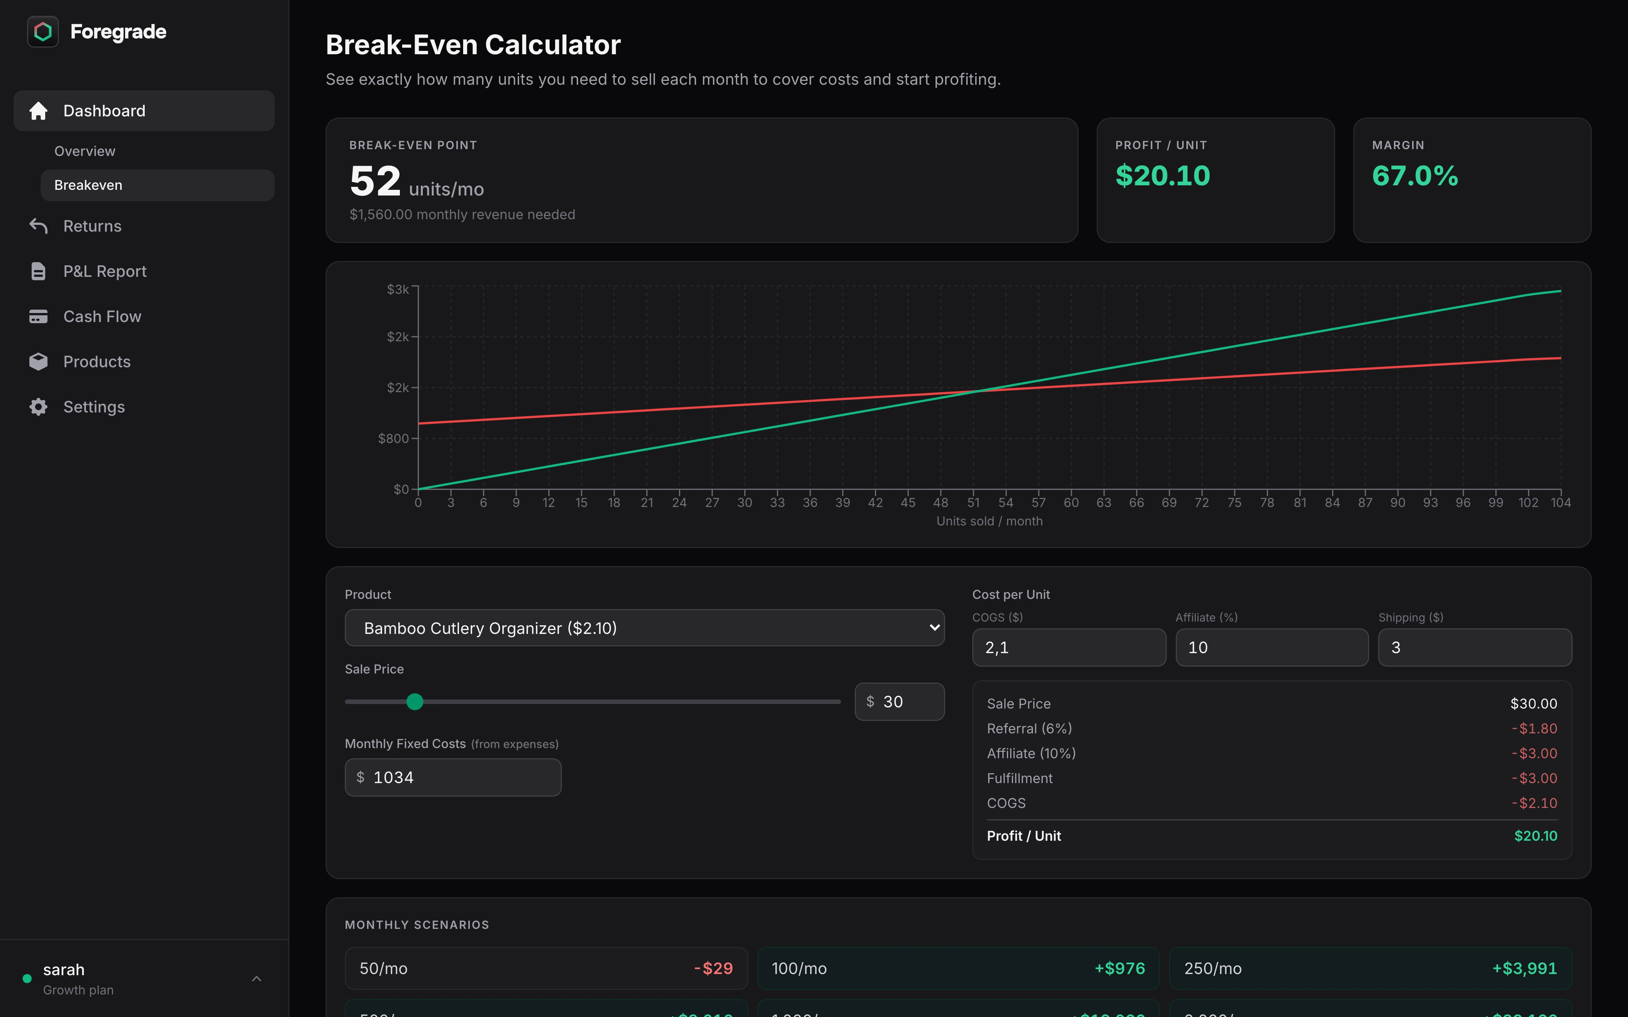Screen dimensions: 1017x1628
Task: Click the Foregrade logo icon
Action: coord(42,32)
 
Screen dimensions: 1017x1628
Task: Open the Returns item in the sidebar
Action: coord(92,226)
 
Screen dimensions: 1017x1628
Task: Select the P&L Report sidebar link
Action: coord(104,271)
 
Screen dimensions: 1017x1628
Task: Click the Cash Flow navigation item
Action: coord(102,316)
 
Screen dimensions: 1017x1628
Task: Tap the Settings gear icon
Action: coord(38,407)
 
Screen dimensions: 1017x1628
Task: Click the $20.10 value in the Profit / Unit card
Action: coord(1163,176)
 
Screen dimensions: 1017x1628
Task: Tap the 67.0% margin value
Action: coord(1415,176)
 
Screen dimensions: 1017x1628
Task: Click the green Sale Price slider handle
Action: coord(415,701)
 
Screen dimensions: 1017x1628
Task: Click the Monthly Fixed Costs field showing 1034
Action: coord(453,777)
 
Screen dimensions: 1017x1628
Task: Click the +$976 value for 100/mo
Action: coord(1119,968)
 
